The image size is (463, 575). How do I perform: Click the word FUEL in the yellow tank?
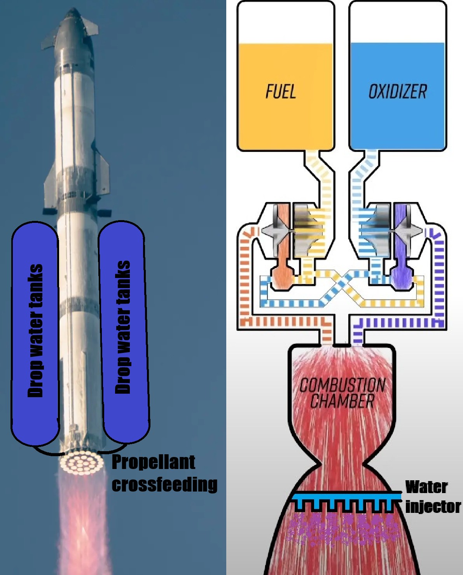pos(281,91)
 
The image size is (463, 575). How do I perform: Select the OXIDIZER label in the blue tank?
pos(397,91)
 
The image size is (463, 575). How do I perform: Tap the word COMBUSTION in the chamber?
pos(342,386)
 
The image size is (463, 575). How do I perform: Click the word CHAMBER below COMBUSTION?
pos(342,401)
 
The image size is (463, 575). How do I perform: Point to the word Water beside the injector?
pos(426,487)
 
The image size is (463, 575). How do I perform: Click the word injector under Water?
pos(433,506)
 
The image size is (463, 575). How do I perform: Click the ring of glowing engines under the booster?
pos(82,462)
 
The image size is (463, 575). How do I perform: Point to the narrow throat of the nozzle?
pos(342,464)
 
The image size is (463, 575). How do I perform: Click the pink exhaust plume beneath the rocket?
pos(83,524)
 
